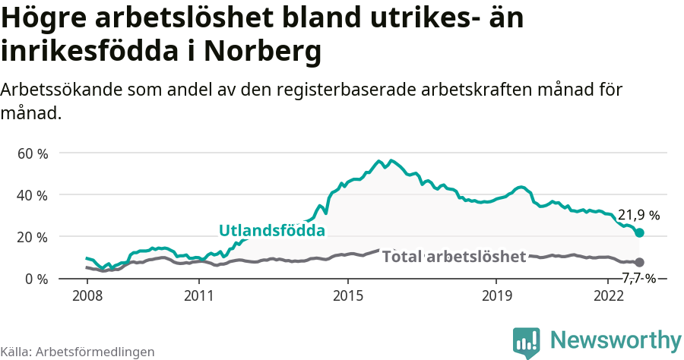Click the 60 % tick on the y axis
(32, 153)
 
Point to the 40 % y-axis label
(32, 195)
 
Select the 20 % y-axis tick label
(32, 237)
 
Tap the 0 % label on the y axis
(36, 279)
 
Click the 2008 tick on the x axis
(87, 295)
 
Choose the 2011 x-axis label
(198, 295)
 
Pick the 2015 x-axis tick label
(347, 295)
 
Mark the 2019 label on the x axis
(496, 295)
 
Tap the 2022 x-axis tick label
(608, 295)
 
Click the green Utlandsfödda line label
(272, 230)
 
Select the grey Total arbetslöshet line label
(454, 257)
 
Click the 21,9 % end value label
(638, 215)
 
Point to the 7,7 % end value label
(638, 278)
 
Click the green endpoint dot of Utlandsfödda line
(639, 232)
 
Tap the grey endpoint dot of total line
(639, 262)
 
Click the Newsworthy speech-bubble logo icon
(527, 342)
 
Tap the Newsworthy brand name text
(616, 339)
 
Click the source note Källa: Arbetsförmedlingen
(78, 352)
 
